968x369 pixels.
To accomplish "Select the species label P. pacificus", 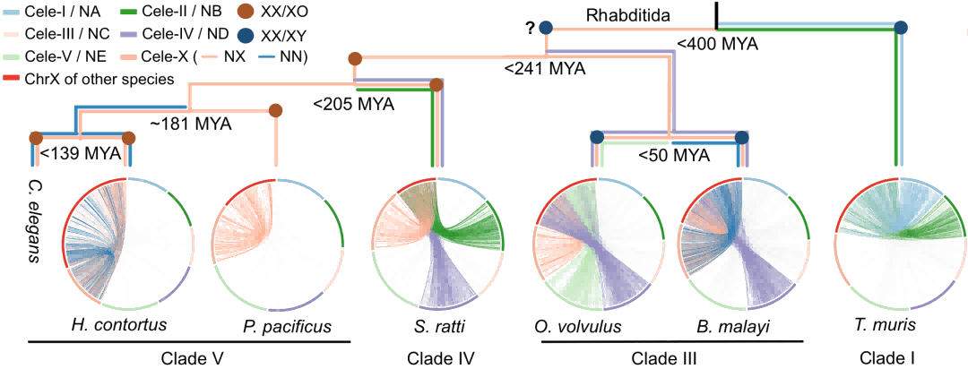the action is [x=284, y=325].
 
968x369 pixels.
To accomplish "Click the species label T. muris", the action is [x=892, y=324].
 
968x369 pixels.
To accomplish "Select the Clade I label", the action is [x=892, y=356].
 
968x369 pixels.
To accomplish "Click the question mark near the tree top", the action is [x=530, y=28].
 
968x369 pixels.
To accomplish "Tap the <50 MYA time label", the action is [x=673, y=156].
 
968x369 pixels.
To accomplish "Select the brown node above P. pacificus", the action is [x=276, y=110].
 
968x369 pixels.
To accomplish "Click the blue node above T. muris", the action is [x=901, y=28].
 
